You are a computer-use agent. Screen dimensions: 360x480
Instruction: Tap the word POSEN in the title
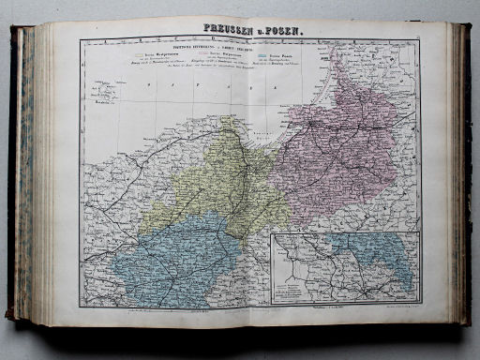coord(277,29)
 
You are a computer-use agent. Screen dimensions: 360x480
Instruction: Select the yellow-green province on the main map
coord(211,187)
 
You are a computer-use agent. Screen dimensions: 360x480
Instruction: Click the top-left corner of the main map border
coord(80,40)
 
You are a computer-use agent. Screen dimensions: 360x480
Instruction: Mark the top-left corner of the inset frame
coord(272,233)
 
